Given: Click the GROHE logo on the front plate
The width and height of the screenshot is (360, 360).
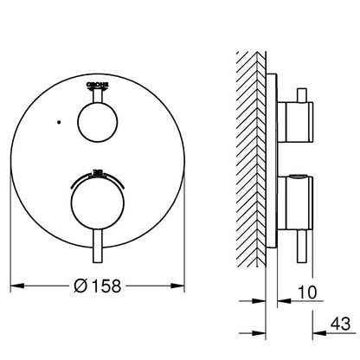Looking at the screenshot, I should point(99,84).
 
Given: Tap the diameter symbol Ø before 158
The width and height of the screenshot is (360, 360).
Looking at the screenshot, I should point(80,283).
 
